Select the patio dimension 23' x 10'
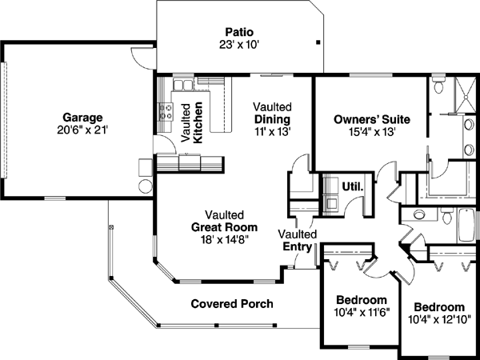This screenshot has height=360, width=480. (238, 45)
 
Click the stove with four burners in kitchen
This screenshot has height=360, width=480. (166, 112)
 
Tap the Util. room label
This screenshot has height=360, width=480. (353, 187)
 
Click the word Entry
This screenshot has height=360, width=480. (297, 246)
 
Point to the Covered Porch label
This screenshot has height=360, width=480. (232, 304)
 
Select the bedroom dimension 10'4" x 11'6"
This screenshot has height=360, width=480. (361, 314)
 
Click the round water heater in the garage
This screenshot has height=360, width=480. (146, 186)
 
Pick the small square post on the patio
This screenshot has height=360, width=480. (318, 42)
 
